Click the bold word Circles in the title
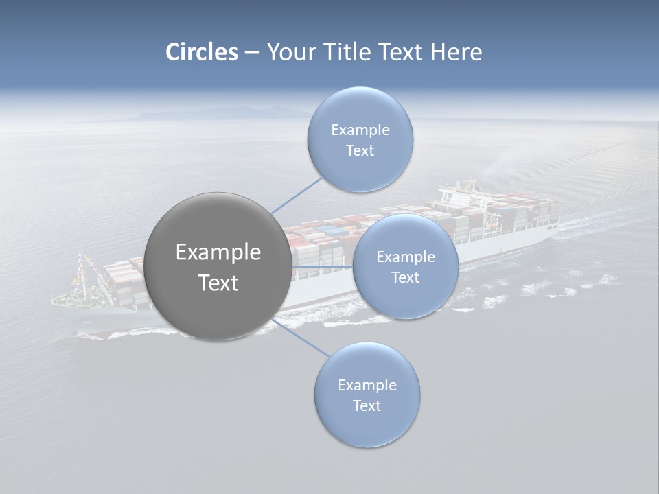click(201, 52)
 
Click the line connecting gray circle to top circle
click(297, 195)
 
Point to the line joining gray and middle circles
click(323, 266)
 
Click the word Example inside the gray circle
click(218, 252)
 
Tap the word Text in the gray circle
click(218, 283)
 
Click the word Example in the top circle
click(360, 130)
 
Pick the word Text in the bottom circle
click(367, 405)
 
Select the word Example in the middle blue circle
click(405, 257)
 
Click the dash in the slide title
click(251, 53)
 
